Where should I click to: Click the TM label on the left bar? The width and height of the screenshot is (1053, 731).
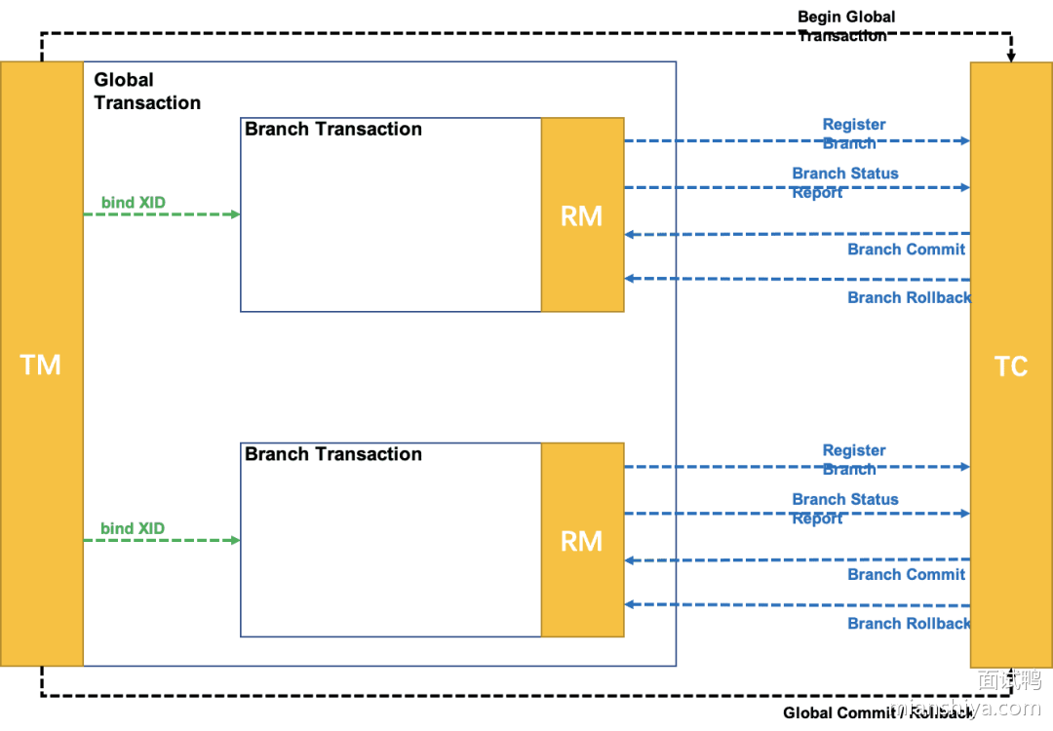point(41,365)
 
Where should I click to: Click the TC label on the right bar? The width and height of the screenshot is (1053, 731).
point(1011,366)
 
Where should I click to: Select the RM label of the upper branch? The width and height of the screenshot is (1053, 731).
point(582,216)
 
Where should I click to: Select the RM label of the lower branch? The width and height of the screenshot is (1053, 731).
point(582,542)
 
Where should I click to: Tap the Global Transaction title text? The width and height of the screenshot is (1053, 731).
point(146,92)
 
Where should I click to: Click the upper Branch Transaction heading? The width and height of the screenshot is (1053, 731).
point(333,129)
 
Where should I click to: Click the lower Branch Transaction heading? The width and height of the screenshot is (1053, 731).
point(333,454)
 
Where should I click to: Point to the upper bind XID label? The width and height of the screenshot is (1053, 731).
point(134,203)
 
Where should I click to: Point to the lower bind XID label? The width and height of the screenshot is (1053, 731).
point(133,528)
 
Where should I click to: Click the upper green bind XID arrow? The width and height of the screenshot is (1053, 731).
point(161,214)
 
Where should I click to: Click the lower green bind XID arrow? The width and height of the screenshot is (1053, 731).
point(161,540)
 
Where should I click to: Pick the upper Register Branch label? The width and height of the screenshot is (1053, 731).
point(853,134)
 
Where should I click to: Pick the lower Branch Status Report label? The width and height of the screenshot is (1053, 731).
point(844,508)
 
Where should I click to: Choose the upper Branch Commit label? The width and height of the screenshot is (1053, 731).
point(906,250)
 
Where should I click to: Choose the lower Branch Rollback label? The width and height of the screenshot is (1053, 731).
point(909,624)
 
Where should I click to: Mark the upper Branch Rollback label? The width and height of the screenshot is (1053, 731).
point(909,297)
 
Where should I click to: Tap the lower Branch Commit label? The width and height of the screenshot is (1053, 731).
point(906,574)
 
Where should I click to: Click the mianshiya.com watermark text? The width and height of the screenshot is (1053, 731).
point(964,708)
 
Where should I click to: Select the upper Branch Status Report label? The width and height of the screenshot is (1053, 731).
point(844,182)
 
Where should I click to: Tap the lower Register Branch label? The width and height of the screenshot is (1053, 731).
point(853,459)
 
